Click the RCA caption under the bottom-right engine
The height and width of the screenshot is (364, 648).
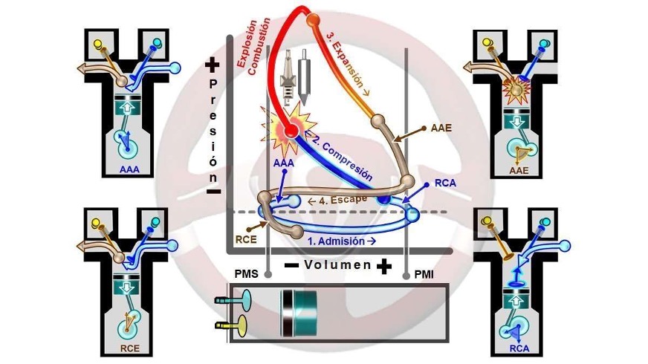click(x=521, y=348)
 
